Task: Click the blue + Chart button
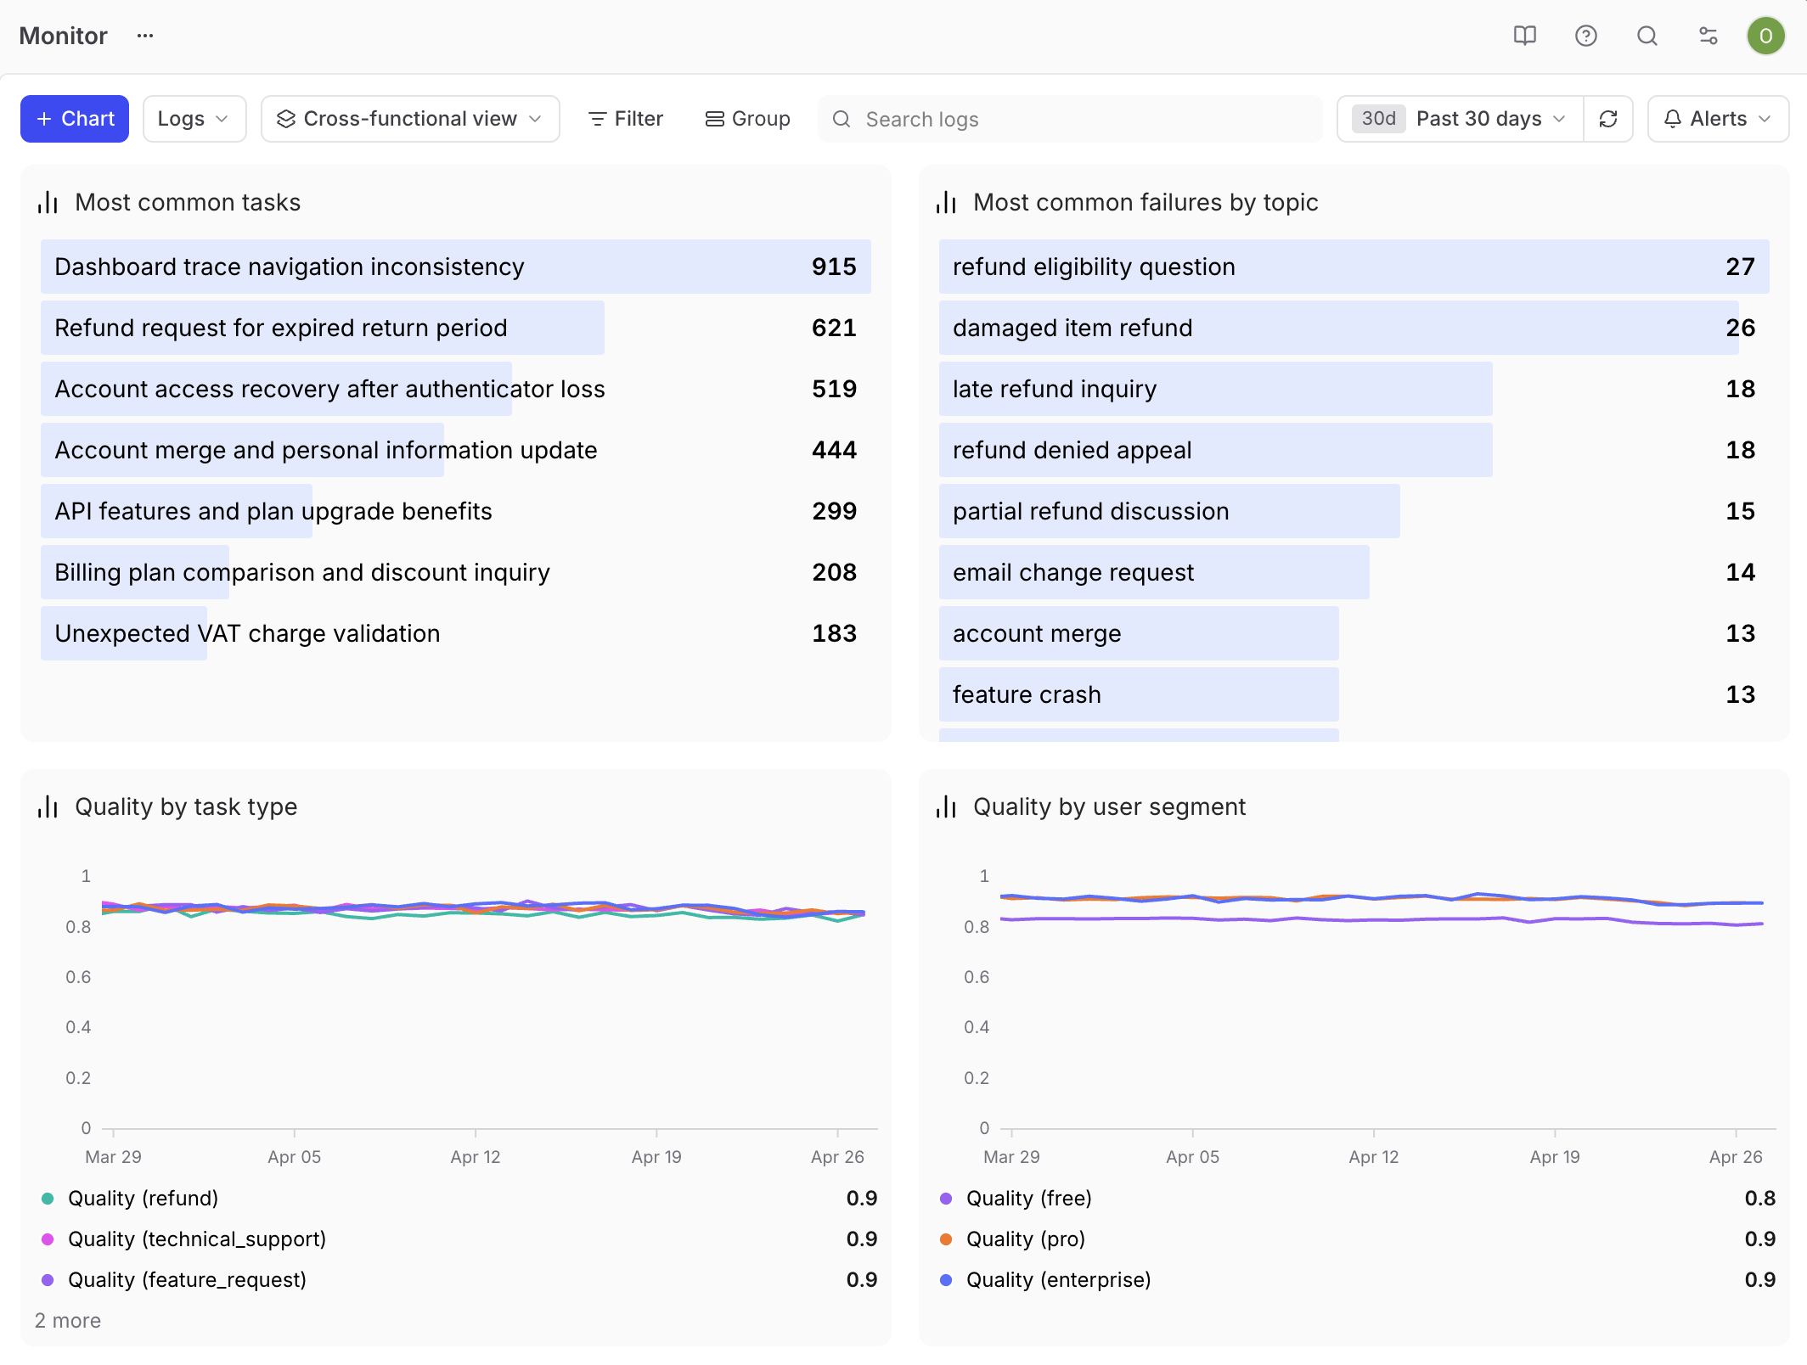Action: pyautogui.click(x=75, y=119)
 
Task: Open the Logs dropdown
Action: pyautogui.click(x=194, y=119)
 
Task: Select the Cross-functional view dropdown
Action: pyautogui.click(x=410, y=119)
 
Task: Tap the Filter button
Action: pyautogui.click(x=626, y=119)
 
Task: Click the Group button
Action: pyautogui.click(x=748, y=119)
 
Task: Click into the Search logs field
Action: pyautogui.click(x=1070, y=119)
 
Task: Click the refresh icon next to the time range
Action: pyautogui.click(x=1608, y=119)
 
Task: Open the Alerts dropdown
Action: pyautogui.click(x=1718, y=119)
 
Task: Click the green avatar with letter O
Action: pyautogui.click(x=1765, y=36)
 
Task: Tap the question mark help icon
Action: pyautogui.click(x=1585, y=36)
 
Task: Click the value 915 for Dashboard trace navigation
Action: pyautogui.click(x=834, y=267)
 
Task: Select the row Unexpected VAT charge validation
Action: pyautogui.click(x=455, y=633)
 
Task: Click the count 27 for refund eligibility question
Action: pyautogui.click(x=1740, y=267)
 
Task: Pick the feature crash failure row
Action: pyautogui.click(x=1354, y=694)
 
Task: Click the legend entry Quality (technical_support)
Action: pyautogui.click(x=197, y=1239)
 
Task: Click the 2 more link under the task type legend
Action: pyautogui.click(x=68, y=1321)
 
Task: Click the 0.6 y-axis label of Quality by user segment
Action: pyautogui.click(x=977, y=977)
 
